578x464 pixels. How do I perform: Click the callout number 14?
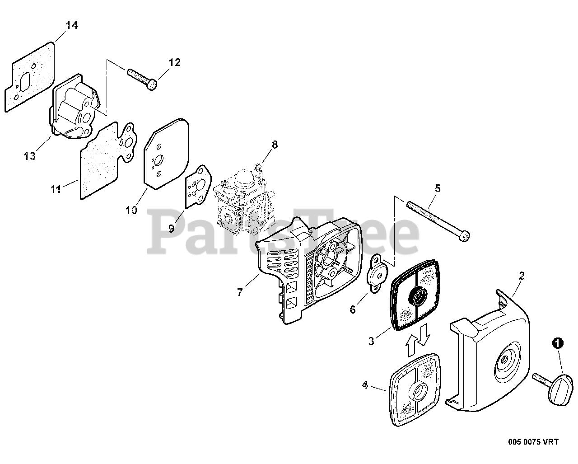(x=71, y=25)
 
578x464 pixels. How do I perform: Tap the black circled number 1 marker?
(x=559, y=344)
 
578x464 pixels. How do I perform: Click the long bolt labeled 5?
(x=437, y=220)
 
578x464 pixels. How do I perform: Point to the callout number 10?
(x=131, y=210)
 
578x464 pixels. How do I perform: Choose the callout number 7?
(x=239, y=292)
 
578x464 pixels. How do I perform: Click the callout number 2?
(x=522, y=276)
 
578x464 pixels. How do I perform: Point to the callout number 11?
(x=56, y=189)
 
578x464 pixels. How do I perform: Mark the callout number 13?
(x=30, y=156)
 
